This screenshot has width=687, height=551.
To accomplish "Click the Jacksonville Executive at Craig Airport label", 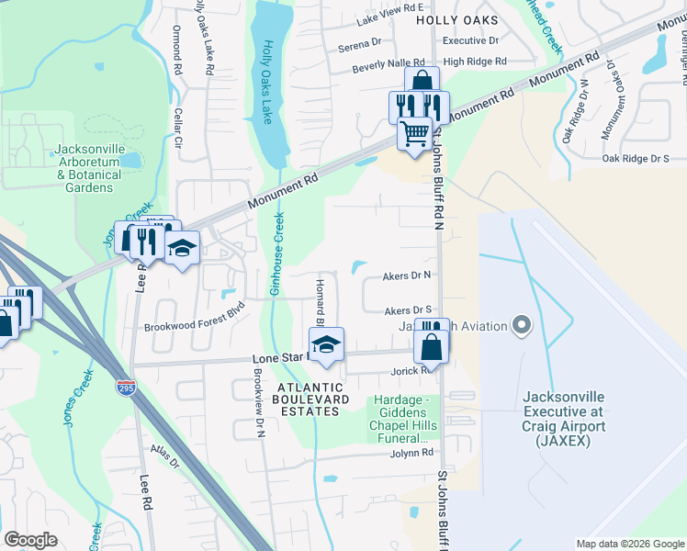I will click(563, 419).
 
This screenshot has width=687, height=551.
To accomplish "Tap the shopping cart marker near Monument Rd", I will click(415, 135).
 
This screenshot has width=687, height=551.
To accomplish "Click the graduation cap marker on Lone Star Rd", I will click(325, 345).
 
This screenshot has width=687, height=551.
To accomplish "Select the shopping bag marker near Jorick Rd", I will click(431, 347).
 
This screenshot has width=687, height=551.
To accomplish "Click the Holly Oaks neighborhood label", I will click(456, 19).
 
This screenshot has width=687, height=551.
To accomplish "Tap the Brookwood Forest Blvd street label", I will click(195, 317).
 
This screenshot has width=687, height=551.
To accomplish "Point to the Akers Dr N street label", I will click(408, 275).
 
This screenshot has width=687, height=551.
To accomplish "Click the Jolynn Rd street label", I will click(410, 453).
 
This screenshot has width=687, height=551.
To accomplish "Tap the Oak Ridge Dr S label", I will click(636, 158).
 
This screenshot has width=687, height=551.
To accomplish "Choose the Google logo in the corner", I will click(31, 540).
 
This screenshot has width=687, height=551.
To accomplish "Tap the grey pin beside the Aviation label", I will click(522, 325).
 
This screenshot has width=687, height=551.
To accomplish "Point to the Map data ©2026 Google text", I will click(629, 544).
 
